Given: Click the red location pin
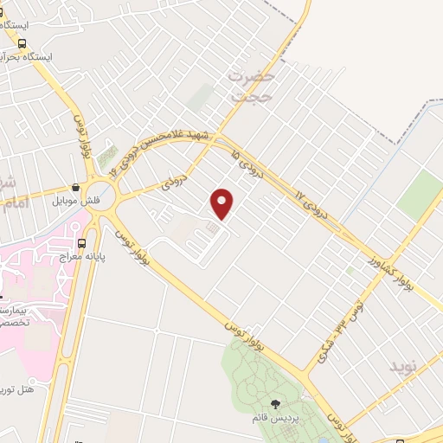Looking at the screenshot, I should click(223, 202).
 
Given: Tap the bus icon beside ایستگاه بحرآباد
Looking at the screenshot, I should click(22, 42).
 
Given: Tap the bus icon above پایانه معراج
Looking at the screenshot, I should click(81, 243).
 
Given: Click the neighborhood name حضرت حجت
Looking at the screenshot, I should click(252, 87).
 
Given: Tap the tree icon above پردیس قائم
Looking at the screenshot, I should click(275, 403).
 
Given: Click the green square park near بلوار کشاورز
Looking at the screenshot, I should click(421, 192).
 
